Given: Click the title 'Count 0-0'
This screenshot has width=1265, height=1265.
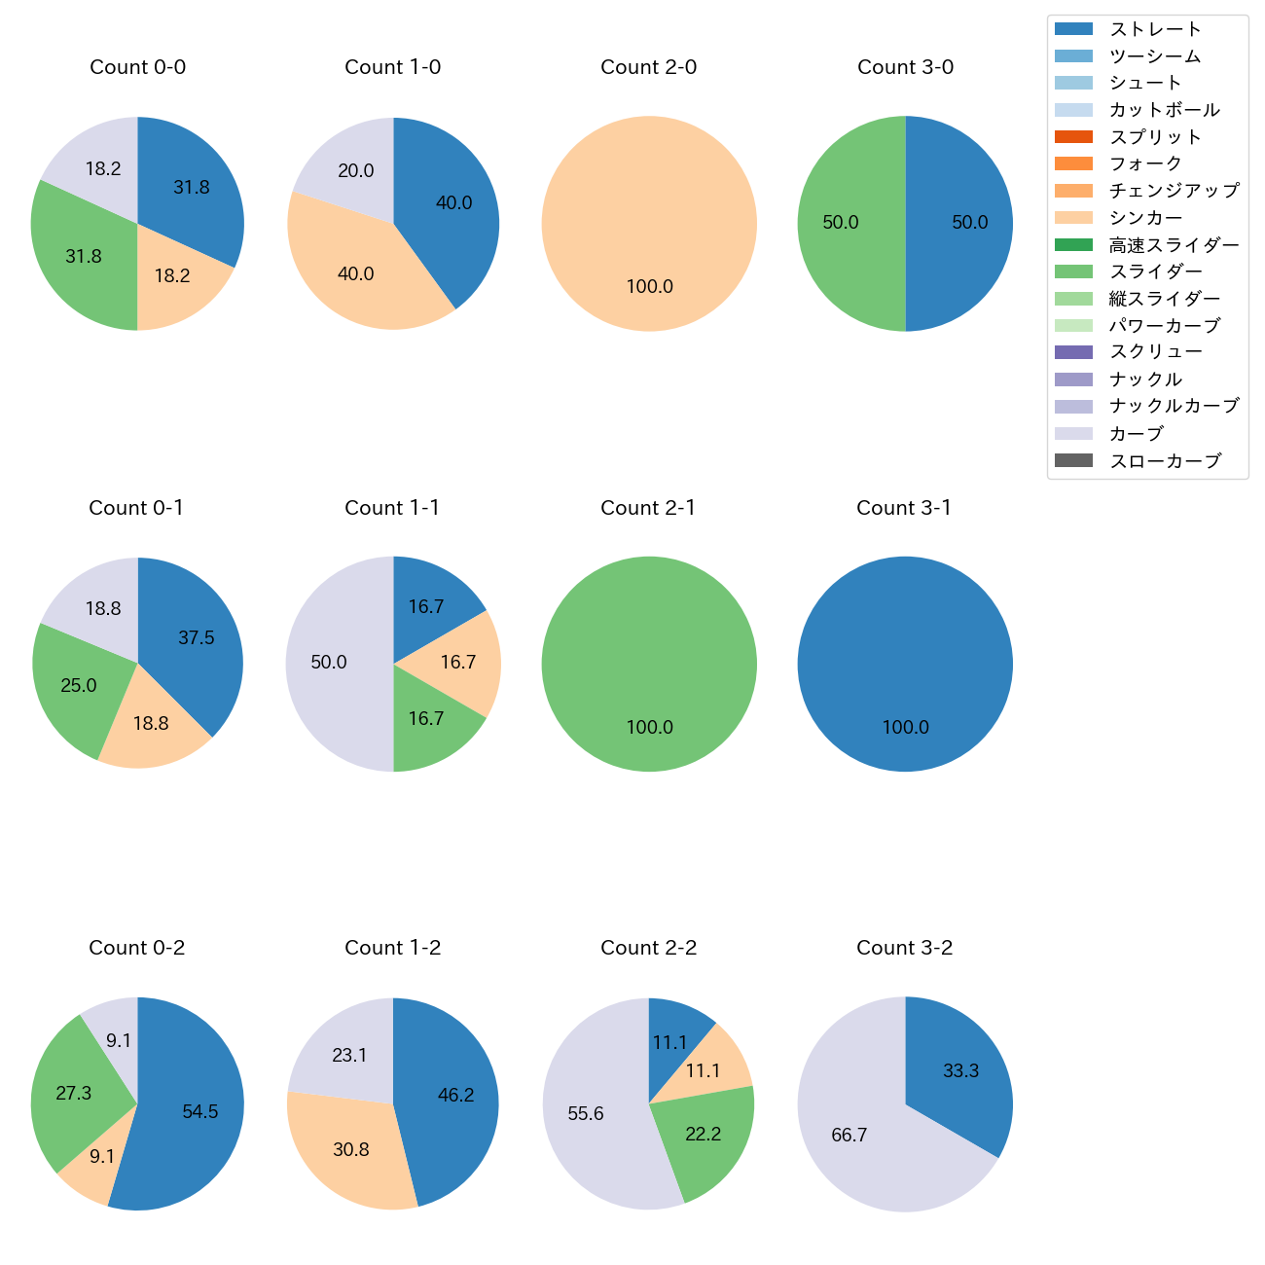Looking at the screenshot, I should tap(138, 67).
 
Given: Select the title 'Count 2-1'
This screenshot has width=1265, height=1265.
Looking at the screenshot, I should tap(648, 508).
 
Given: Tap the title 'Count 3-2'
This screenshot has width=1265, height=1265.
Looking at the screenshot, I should tap(904, 948).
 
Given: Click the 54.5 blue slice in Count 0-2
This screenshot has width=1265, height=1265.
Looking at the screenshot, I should tap(195, 1119).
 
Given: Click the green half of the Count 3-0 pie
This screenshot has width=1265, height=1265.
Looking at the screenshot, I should tap(847, 224).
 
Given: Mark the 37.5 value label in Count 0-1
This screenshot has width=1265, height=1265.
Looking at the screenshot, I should tap(197, 638).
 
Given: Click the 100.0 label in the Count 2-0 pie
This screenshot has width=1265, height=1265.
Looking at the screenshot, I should tap(649, 287).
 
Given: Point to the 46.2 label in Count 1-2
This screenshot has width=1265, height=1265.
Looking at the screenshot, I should tap(455, 1096).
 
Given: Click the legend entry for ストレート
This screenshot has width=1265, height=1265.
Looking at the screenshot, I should tap(1155, 29).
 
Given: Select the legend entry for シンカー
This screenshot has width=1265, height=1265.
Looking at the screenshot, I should tap(1145, 218).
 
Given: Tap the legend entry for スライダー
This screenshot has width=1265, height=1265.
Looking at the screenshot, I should tap(1155, 271).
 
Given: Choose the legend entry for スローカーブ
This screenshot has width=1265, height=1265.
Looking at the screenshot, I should tap(1165, 461).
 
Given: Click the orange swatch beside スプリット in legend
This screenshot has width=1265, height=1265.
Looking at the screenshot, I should tap(1073, 136).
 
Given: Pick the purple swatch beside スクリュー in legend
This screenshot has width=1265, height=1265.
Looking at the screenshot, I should tap(1073, 352).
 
